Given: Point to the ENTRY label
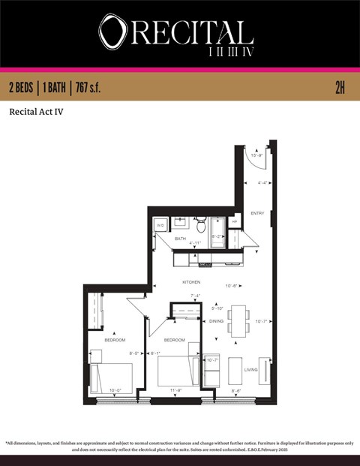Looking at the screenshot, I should tap(257, 212).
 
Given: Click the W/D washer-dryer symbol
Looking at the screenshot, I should tap(160, 224).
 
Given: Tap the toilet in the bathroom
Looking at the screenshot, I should tap(200, 224).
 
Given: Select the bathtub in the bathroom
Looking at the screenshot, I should tap(217, 227).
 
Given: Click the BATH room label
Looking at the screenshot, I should tap(180, 239).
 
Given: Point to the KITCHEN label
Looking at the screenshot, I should tap(191, 281).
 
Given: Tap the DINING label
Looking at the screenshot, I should tap(216, 321).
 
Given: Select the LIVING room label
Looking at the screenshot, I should tap(250, 370).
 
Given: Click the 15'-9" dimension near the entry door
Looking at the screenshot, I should tap(256, 155).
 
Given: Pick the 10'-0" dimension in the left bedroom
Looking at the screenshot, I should tap(115, 390).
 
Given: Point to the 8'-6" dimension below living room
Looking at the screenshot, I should tap(236, 390).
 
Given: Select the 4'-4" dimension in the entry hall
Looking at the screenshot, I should tap(263, 182).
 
